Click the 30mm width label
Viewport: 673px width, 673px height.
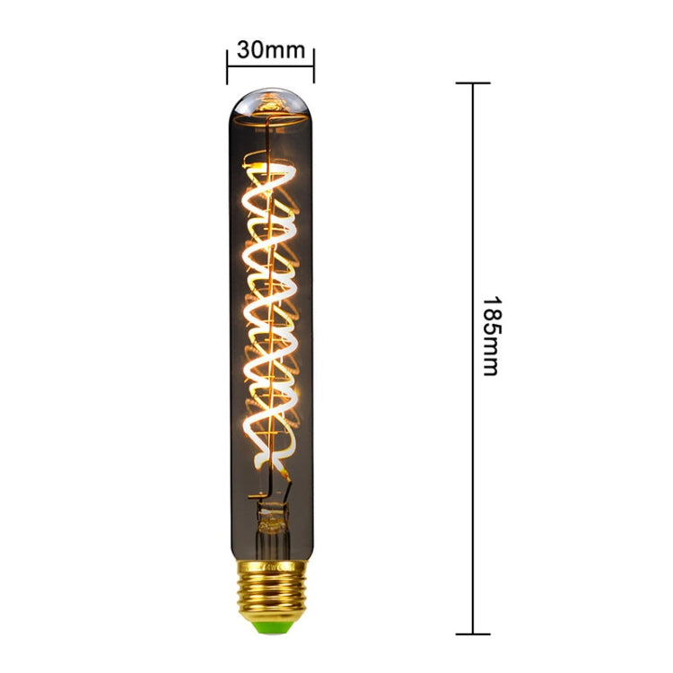(271, 49)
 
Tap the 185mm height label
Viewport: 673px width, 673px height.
(490, 336)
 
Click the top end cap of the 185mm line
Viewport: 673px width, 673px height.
(473, 83)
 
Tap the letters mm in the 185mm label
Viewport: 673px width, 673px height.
(490, 361)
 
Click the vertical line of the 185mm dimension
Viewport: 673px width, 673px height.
(473, 224)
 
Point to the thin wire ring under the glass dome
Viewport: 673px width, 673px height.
(269, 114)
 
